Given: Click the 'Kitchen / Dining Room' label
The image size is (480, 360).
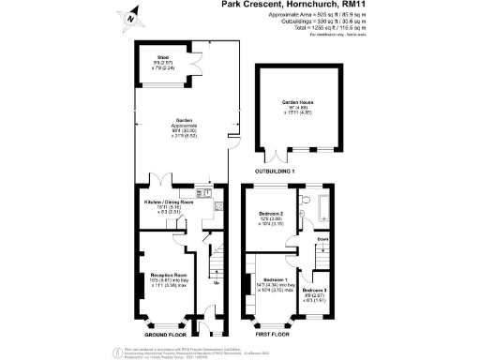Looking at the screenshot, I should coord(168,202).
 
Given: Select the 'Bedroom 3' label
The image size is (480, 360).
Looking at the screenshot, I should coord(313,291).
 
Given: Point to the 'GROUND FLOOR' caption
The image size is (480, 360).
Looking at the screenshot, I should coord(165,334).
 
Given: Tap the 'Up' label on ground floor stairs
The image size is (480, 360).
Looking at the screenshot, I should coord(217,282).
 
